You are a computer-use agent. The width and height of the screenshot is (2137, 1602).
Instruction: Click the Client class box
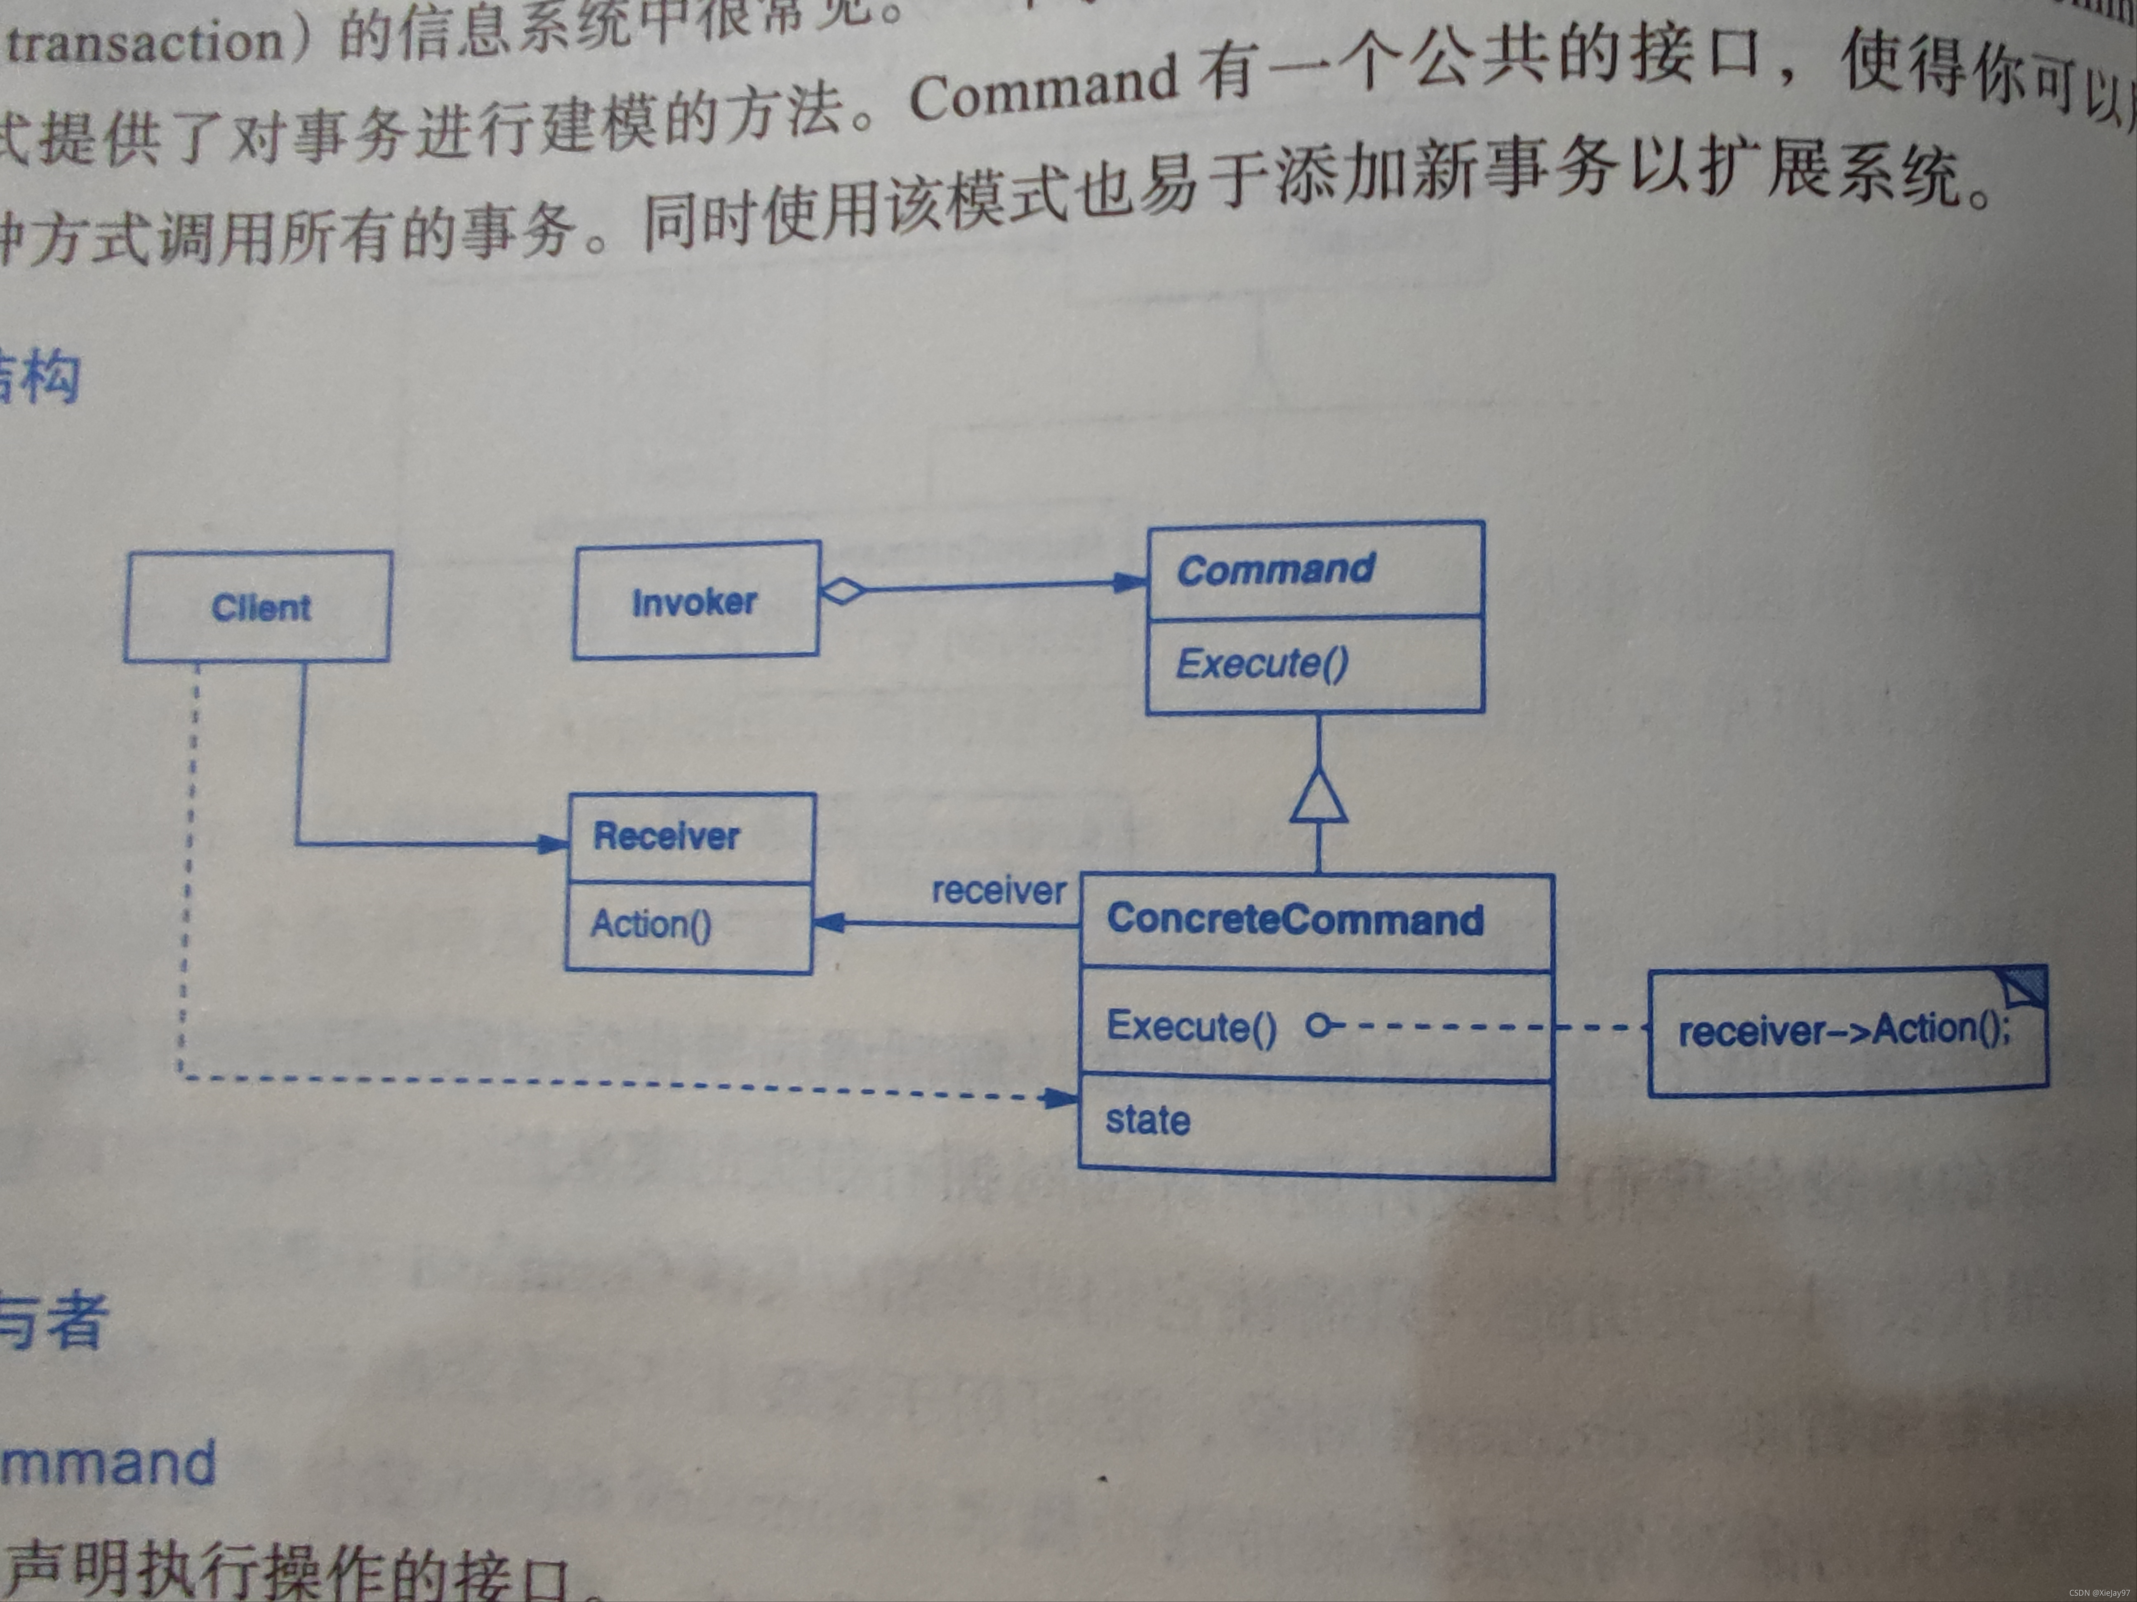259,607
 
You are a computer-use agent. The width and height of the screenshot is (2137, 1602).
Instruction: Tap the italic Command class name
1275,569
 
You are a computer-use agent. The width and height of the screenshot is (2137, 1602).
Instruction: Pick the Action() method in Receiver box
650,924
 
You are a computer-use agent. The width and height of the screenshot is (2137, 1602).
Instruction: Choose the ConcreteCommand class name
1295,919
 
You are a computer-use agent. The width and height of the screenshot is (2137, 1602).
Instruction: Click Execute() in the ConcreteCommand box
1190,1025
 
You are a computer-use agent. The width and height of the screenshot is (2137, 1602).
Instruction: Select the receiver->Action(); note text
1843,1030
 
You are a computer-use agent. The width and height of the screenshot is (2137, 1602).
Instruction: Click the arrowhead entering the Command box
1129,582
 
